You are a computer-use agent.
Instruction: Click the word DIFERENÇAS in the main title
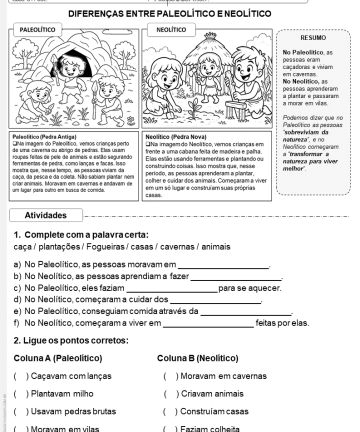tap(124, 12)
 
